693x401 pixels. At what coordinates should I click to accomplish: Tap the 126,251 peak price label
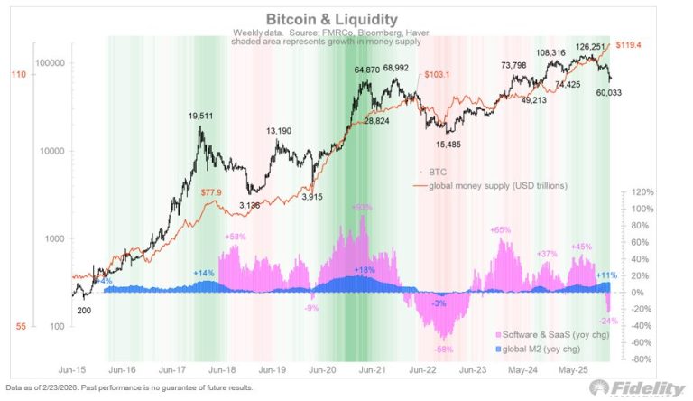coord(582,47)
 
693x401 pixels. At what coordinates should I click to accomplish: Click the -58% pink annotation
coord(443,349)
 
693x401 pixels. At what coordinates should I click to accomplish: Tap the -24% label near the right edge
coord(610,320)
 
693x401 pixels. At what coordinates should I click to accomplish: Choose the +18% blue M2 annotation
coord(364,270)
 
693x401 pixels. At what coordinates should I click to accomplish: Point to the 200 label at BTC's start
coord(85,309)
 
